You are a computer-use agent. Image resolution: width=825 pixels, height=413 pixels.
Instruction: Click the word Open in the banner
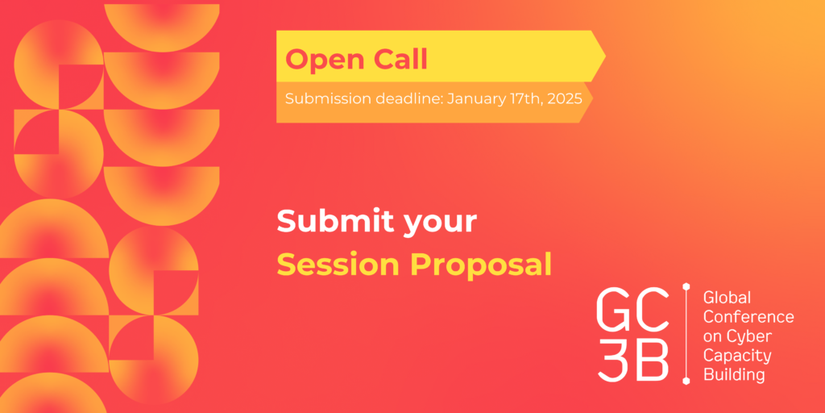pyautogui.click(x=325, y=60)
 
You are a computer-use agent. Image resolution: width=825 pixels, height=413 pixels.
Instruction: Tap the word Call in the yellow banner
pyautogui.click(x=401, y=60)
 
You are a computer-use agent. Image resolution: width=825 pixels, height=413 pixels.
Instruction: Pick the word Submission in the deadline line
pyautogui.click(x=327, y=99)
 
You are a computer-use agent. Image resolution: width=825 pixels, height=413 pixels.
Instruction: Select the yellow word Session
pyautogui.click(x=339, y=265)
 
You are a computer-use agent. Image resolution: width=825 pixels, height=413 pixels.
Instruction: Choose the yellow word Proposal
pyautogui.click(x=481, y=266)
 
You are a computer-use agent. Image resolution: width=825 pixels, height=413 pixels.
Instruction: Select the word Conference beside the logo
pyautogui.click(x=748, y=317)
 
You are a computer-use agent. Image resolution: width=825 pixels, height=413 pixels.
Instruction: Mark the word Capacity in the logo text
pyautogui.click(x=737, y=357)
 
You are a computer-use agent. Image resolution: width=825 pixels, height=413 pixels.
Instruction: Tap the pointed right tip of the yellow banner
pyautogui.click(x=606, y=56)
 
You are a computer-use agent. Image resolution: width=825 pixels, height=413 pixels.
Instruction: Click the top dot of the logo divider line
pyautogui.click(x=686, y=286)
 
